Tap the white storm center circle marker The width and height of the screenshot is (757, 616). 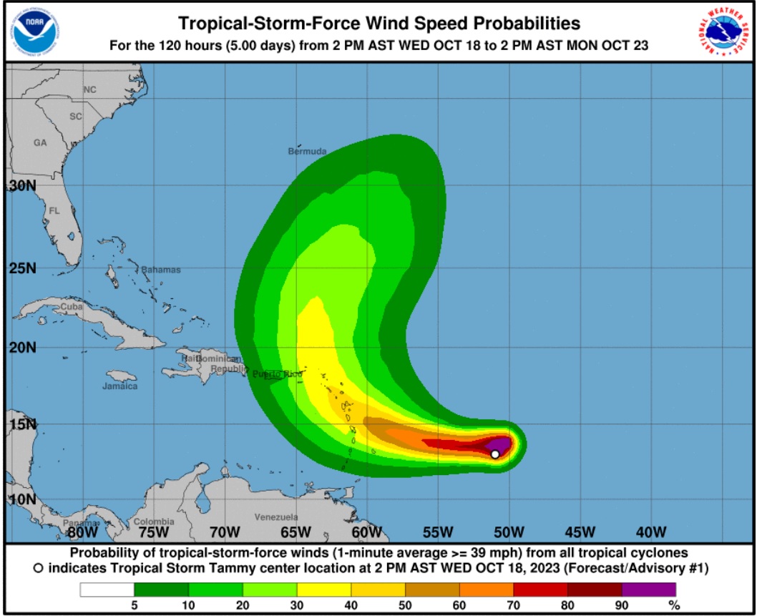point(495,454)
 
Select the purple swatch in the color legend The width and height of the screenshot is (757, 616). point(649,590)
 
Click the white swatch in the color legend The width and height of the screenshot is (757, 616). point(107,590)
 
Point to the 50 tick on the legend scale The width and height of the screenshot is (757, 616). point(405,605)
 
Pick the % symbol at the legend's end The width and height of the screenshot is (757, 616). point(672,605)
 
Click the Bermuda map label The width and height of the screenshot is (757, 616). point(307,152)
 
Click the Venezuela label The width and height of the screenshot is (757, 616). point(276,517)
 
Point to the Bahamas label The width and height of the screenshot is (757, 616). point(161,270)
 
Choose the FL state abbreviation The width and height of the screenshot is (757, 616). point(54,211)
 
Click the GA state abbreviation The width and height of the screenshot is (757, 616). point(40,142)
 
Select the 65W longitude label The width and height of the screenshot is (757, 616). point(295,532)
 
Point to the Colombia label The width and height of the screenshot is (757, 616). point(154,522)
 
